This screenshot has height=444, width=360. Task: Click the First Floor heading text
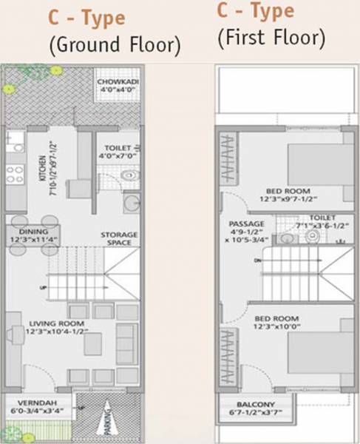pos(271,37)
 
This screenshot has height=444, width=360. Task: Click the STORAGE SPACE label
pos(119,239)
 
